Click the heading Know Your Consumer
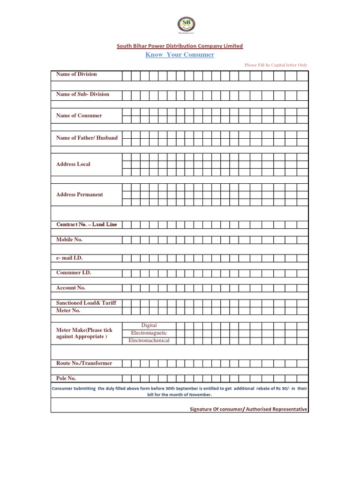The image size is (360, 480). click(180, 55)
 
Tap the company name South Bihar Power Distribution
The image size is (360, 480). click(180, 46)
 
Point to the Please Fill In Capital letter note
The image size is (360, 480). click(276, 65)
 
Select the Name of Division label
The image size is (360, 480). click(76, 74)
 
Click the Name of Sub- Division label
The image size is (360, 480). click(82, 94)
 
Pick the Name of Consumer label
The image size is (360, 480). click(79, 115)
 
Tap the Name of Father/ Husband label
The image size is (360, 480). click(87, 138)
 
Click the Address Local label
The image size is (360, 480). click(73, 164)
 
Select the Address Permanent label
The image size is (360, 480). click(79, 195)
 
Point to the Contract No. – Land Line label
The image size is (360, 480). click(86, 225)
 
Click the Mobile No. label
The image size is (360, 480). click(69, 240)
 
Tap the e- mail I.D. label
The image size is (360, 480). click(69, 258)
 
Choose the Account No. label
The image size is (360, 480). click(71, 288)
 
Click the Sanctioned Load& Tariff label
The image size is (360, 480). click(86, 303)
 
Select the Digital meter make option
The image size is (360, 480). click(149, 325)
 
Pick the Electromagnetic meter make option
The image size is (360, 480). click(149, 333)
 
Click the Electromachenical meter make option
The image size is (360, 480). click(149, 340)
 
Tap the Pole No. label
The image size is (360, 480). click(66, 378)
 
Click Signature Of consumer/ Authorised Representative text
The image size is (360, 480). click(248, 409)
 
